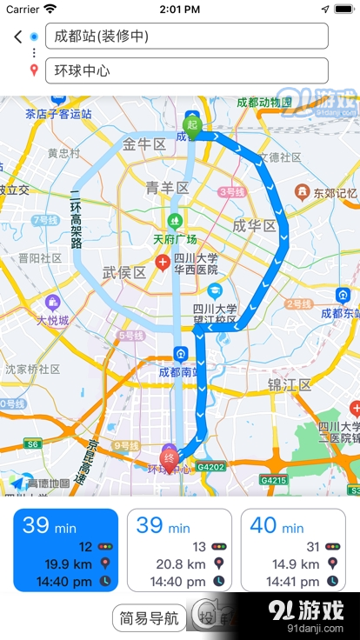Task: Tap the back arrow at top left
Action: click(17, 37)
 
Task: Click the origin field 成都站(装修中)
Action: click(186, 37)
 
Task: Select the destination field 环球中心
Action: click(186, 70)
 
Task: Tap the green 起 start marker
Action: click(192, 124)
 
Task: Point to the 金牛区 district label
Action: click(144, 144)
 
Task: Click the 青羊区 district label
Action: click(167, 188)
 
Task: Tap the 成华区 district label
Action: click(254, 226)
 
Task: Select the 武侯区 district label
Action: click(124, 272)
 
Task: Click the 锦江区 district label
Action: click(290, 384)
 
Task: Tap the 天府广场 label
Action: click(175, 239)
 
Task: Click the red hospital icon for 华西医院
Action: click(163, 262)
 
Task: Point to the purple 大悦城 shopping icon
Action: click(53, 303)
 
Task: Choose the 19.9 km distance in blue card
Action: click(69, 563)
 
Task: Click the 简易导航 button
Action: click(149, 618)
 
